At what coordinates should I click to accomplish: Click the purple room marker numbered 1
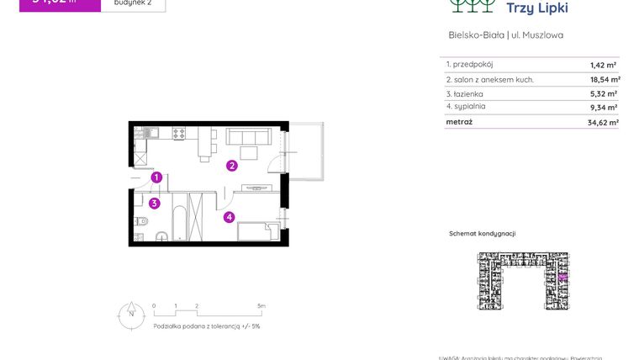(156, 177)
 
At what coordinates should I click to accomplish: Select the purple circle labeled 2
(231, 166)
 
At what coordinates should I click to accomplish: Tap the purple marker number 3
(154, 203)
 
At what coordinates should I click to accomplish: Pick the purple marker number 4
(229, 217)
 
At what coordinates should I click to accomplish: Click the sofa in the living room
(249, 137)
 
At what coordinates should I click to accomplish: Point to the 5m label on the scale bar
(261, 306)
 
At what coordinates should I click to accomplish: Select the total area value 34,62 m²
(603, 122)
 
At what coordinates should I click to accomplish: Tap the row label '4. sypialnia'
(467, 107)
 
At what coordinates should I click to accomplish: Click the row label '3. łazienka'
(465, 93)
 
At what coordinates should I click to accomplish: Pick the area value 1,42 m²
(604, 65)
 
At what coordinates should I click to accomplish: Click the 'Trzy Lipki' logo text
(537, 8)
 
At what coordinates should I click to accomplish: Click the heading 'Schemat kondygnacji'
(482, 233)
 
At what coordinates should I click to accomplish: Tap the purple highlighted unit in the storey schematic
(562, 275)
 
